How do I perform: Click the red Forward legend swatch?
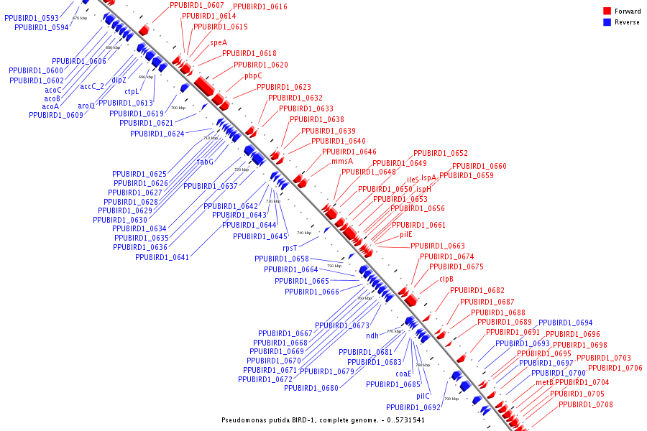point(607,11)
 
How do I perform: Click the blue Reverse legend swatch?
point(607,22)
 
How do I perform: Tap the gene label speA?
point(219,42)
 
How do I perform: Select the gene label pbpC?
point(253,75)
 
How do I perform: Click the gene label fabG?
point(206,162)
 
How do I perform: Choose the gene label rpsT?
point(290,248)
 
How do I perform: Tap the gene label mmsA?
point(342,162)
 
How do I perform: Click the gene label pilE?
point(406,234)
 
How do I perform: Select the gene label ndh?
point(372,335)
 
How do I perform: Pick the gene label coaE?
point(403,374)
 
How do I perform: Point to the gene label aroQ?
point(86,106)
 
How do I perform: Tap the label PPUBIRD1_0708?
point(586,404)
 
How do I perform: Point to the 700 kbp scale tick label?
point(178,108)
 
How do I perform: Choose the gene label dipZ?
point(119,80)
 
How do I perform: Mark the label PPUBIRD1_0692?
point(413,407)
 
